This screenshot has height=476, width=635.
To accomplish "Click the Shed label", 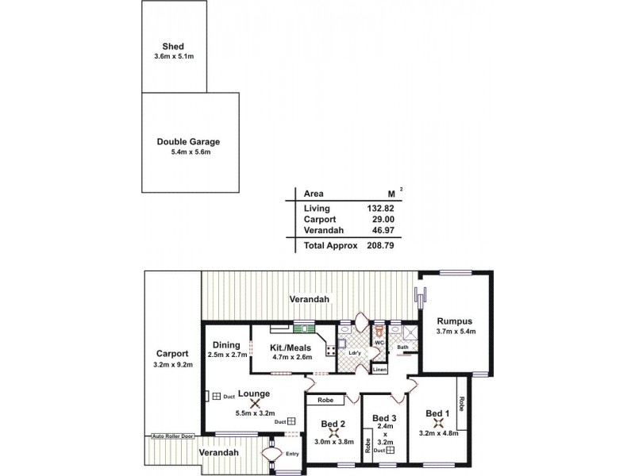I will pos(172,47).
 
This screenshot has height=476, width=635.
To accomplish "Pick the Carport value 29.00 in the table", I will pos(382,220).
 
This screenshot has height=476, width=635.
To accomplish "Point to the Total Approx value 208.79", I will pos(379,246).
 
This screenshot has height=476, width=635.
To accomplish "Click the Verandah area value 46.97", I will pos(380,231).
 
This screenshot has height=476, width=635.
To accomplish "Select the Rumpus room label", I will pos(455,321).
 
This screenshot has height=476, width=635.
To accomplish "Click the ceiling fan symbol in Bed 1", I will pos(437,422).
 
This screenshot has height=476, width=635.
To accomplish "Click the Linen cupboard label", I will pos(379,370).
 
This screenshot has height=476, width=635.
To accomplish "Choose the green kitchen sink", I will pos(302,325).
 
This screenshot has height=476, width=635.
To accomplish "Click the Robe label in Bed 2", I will pos(325,401).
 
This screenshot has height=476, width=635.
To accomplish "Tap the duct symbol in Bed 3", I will pos(390,451).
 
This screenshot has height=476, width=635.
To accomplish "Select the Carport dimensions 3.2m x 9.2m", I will pos(172,364).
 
